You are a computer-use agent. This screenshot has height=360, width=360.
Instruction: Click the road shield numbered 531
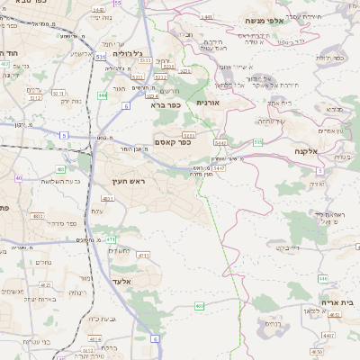(x=101, y=56)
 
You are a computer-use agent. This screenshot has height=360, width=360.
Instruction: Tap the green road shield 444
(x=103, y=94)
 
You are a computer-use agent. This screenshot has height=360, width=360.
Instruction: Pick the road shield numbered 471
(x=111, y=238)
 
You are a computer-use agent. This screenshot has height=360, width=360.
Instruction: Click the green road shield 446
(x=323, y=278)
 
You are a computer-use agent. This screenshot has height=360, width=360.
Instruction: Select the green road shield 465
(x=200, y=306)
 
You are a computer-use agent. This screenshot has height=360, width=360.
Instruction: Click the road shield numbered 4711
(x=143, y=255)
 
